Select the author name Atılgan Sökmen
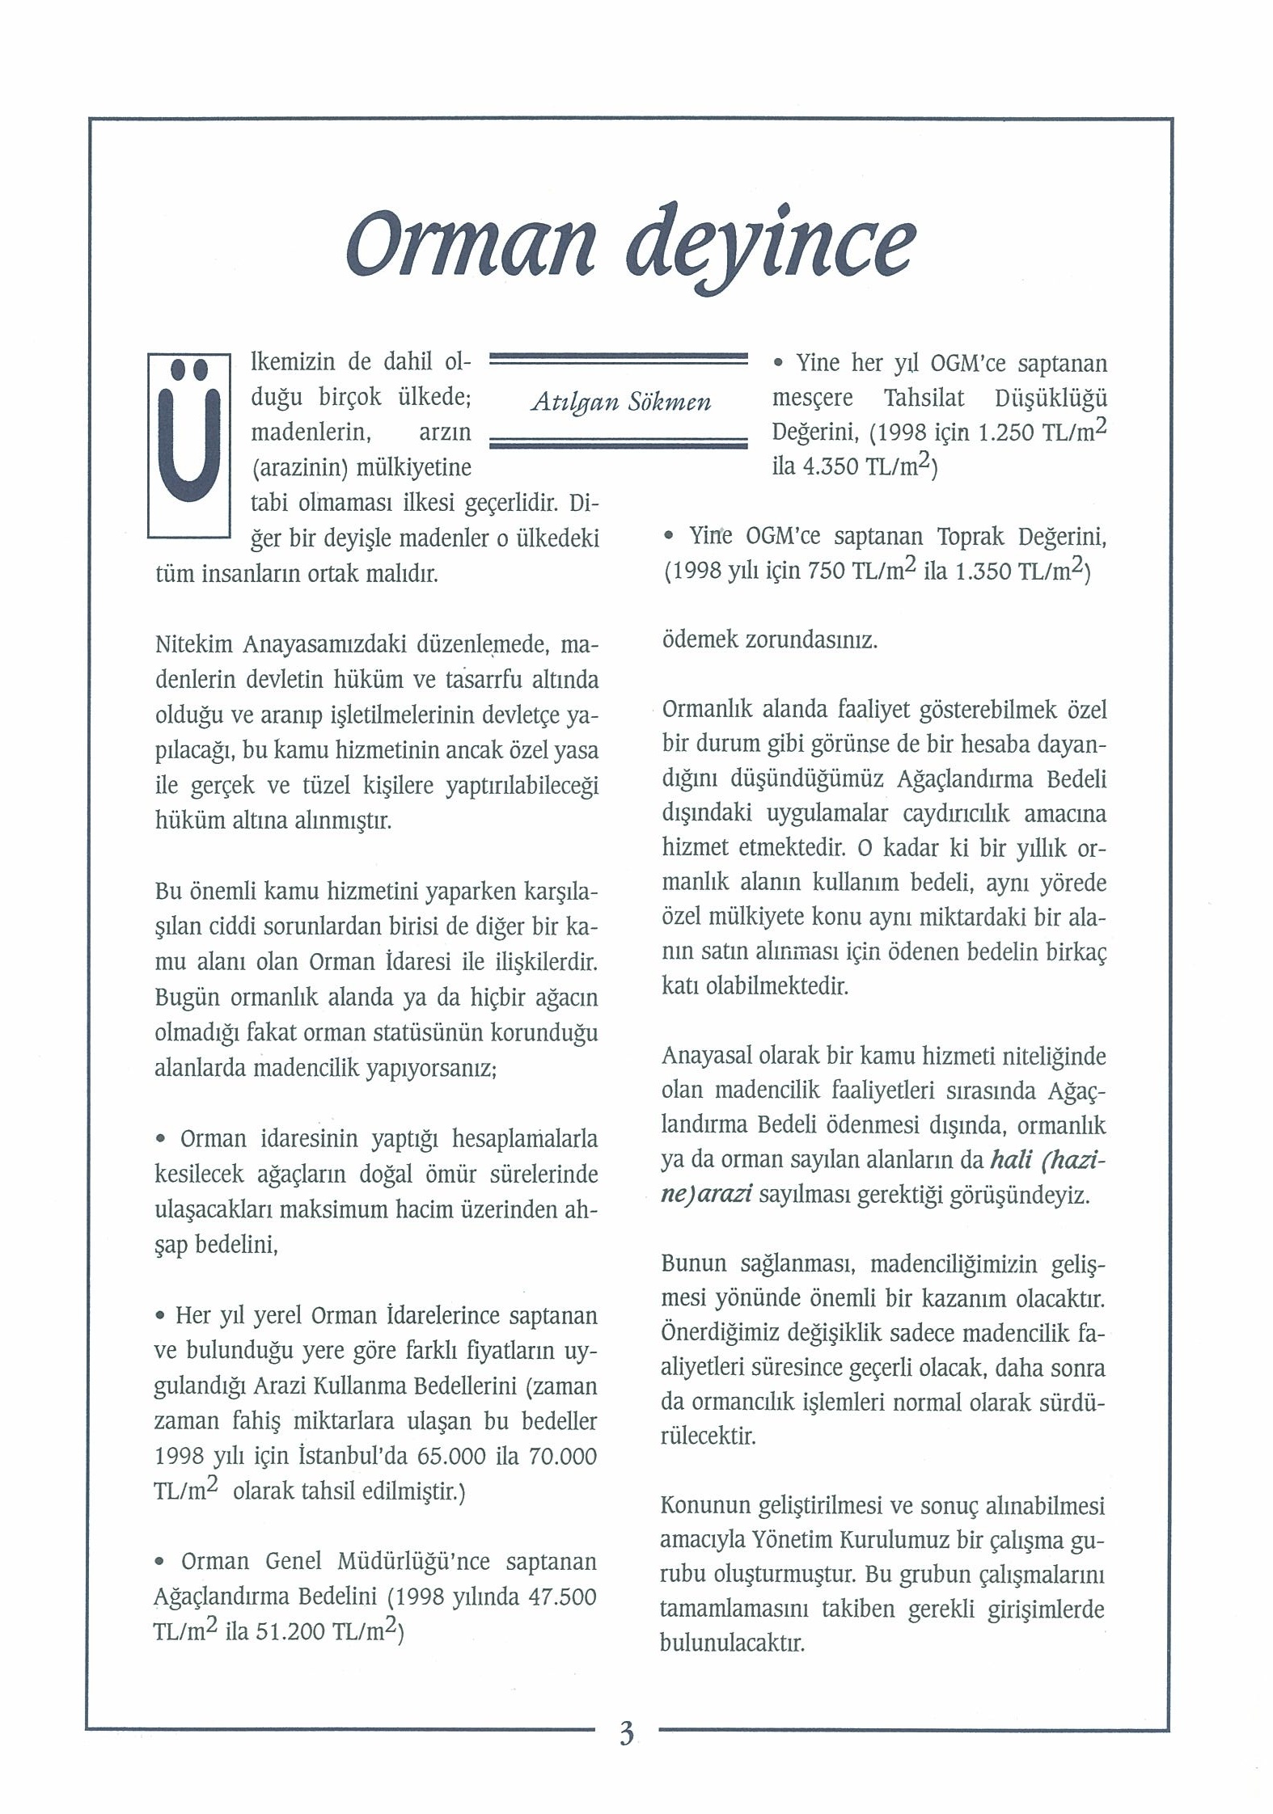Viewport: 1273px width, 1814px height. (620, 402)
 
